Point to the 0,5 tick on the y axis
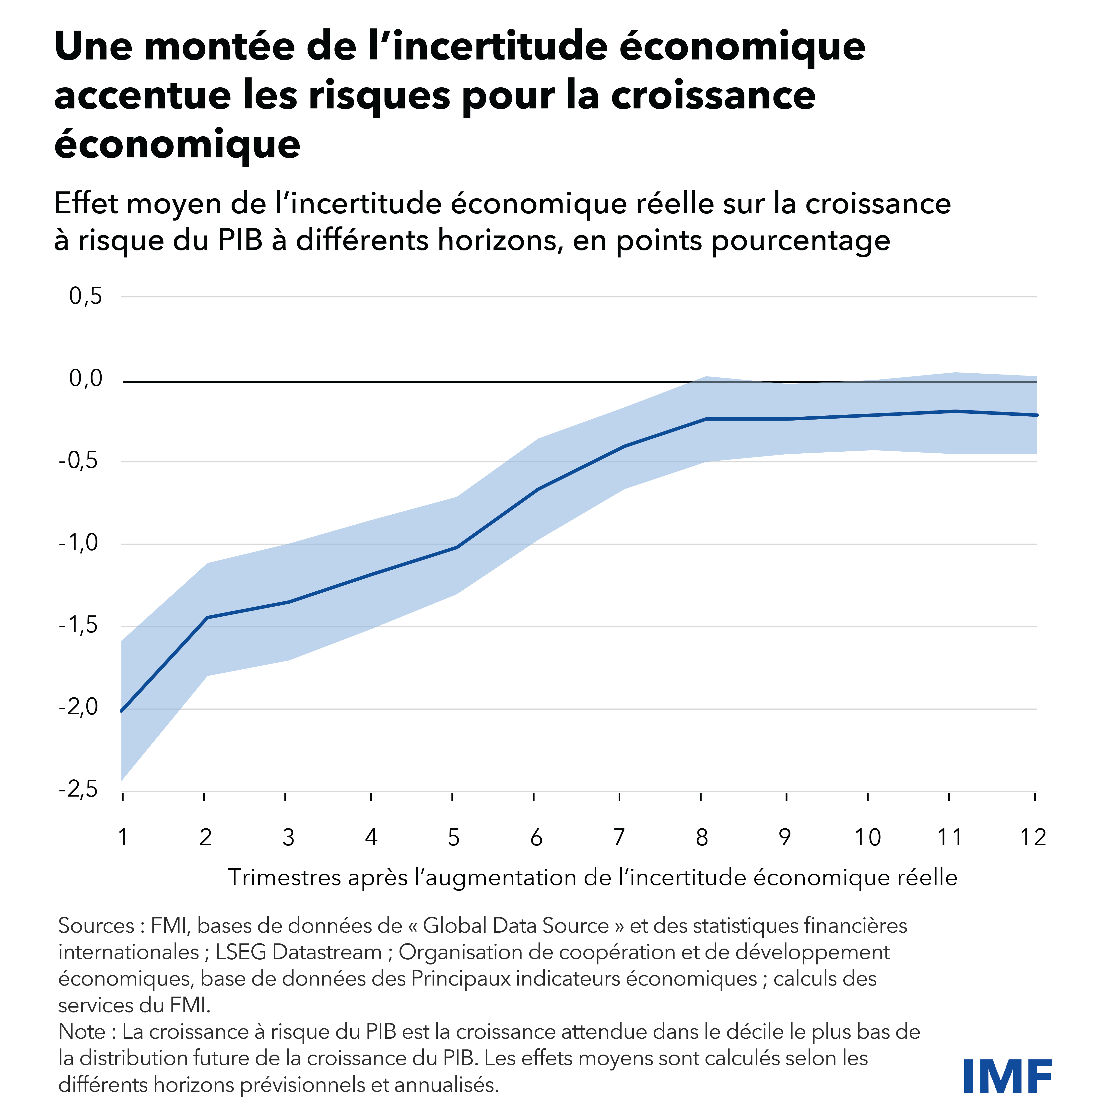point(86,296)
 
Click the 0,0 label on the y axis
point(86,379)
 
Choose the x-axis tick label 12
point(1033,838)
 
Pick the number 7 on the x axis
point(619,838)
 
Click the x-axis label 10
point(868,838)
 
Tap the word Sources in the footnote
point(96,925)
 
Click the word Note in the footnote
point(82,1031)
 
